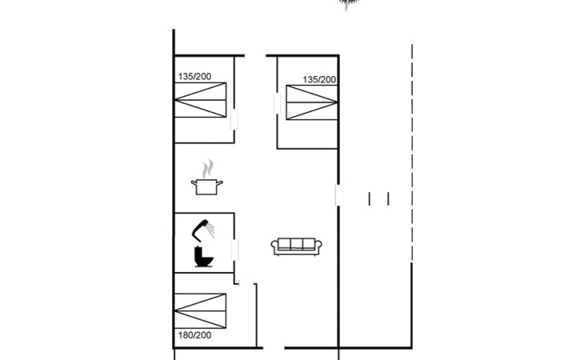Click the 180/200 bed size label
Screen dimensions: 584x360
194,335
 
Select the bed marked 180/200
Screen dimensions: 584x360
200,311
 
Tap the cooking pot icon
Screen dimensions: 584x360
206,186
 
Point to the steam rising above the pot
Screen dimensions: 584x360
208,169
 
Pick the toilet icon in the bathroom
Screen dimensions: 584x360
203,257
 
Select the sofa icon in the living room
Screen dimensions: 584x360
297,246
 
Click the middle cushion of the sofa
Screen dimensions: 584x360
297,244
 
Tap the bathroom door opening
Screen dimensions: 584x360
234,250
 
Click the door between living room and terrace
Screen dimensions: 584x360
338,195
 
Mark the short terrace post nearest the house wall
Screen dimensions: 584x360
370,199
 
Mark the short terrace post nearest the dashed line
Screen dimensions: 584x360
388,199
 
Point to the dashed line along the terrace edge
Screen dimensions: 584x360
412,153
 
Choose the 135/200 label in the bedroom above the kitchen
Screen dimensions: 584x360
194,76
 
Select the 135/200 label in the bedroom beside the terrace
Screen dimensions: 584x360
319,80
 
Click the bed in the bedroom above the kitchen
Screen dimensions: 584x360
200,100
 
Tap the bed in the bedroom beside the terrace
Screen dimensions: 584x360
312,102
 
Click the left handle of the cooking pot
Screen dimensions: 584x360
194,182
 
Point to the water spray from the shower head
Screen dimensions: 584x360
211,230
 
